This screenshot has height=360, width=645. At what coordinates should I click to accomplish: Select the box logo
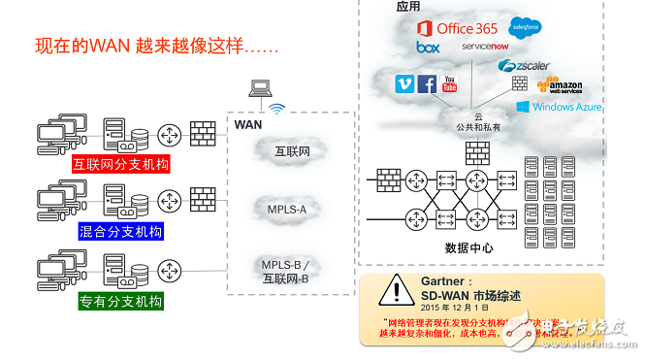click(428, 47)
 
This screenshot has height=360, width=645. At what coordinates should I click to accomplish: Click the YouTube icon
click(449, 84)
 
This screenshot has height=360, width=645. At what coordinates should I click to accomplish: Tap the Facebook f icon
click(427, 84)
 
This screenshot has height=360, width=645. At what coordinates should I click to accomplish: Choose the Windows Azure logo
click(560, 107)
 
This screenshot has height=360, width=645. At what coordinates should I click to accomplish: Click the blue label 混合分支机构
click(120, 231)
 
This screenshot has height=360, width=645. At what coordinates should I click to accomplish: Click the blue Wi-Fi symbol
click(277, 110)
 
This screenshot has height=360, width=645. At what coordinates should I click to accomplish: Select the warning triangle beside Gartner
click(392, 288)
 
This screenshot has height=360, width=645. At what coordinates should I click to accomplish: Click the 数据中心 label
click(469, 246)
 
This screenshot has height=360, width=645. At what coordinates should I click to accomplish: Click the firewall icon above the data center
click(477, 152)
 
